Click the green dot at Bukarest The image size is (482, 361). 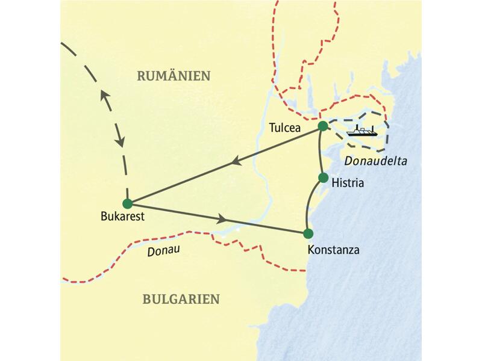click(x=127, y=203)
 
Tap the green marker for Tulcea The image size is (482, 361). click(x=323, y=126)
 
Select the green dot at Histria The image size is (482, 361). click(x=323, y=177)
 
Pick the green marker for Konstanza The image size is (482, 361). click(x=308, y=233)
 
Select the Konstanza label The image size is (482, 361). click(x=333, y=248)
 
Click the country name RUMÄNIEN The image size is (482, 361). click(x=174, y=76)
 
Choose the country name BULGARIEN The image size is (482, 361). click(x=181, y=298)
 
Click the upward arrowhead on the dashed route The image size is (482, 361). click(x=105, y=96)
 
